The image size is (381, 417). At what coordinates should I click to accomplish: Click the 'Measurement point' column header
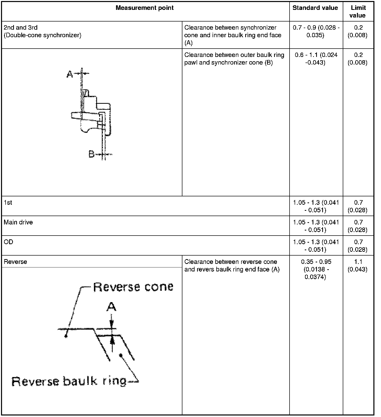coord(144,8)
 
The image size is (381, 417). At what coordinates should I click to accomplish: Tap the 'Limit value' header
coord(358,12)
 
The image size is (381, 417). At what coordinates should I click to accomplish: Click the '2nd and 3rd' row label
coord(21,28)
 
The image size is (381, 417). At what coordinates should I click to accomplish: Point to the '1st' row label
coord(8,203)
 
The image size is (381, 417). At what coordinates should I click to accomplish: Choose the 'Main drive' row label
coord(18,222)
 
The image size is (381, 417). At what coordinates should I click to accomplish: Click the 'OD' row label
coord(8,242)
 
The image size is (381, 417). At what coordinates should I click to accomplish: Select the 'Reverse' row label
coord(15,262)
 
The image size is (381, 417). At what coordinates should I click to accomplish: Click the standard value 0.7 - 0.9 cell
coord(316,31)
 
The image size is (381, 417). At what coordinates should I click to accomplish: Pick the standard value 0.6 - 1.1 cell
coord(316,59)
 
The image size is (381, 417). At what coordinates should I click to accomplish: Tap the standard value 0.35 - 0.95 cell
coord(316,269)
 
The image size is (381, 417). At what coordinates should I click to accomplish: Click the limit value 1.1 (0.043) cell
coord(358,265)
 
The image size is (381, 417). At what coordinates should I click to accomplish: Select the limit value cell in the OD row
coord(358,246)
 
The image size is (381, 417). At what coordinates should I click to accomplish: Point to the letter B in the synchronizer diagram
coord(91,154)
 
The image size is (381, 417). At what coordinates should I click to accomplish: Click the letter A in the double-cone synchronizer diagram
coord(70,74)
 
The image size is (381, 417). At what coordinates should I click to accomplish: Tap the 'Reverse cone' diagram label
coord(134,287)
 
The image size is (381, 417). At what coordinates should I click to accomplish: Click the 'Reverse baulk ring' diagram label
coord(69,381)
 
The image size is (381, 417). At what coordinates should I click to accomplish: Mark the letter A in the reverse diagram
coord(111,307)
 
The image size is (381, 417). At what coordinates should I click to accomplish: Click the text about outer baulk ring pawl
coord(234,59)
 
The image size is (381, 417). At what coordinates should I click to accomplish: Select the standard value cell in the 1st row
coord(316,206)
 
